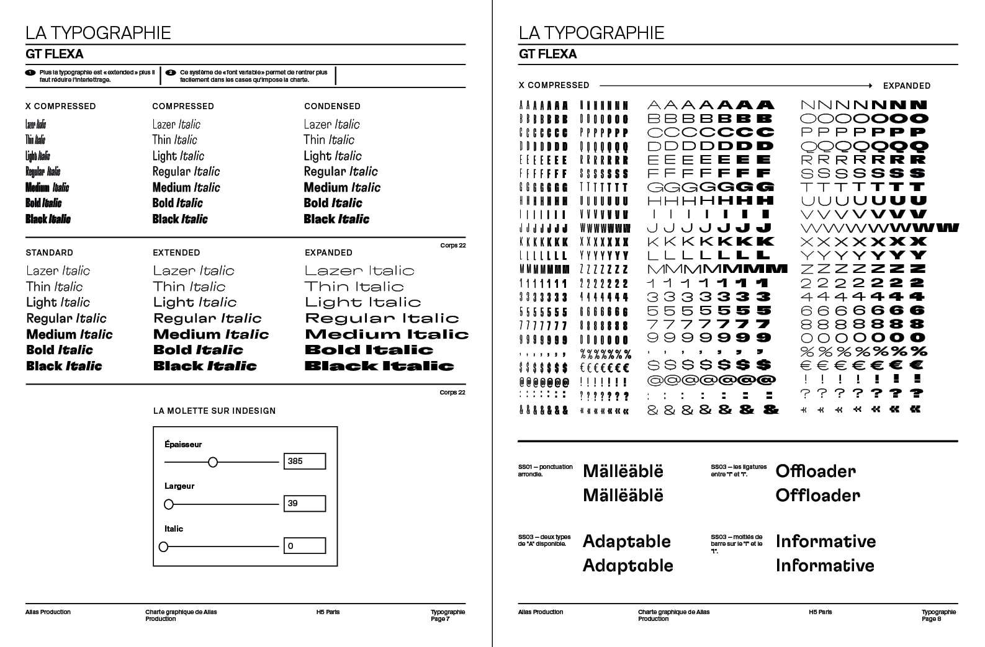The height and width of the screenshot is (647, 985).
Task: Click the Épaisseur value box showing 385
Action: pyautogui.click(x=304, y=461)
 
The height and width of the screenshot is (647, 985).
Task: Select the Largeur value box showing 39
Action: pyautogui.click(x=304, y=504)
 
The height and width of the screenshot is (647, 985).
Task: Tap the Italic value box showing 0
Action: pyautogui.click(x=304, y=546)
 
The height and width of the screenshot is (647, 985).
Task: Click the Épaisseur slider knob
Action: pyautogui.click(x=213, y=462)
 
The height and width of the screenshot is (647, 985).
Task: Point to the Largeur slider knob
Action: pyautogui.click(x=169, y=504)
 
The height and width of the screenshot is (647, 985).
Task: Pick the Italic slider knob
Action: pyautogui.click(x=164, y=547)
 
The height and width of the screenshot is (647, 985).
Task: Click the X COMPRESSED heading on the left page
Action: pyautogui.click(x=60, y=106)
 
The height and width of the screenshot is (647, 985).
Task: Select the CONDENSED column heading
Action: pyautogui.click(x=332, y=106)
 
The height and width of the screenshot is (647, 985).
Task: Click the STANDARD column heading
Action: pyautogui.click(x=49, y=252)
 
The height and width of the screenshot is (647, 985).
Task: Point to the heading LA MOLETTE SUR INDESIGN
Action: pyautogui.click(x=214, y=411)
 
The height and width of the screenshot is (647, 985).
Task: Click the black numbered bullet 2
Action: pyautogui.click(x=171, y=73)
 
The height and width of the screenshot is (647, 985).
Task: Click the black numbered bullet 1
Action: pyautogui.click(x=30, y=73)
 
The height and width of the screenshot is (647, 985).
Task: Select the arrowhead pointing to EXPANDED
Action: pyautogui.click(x=870, y=86)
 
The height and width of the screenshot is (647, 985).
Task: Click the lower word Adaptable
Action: pyautogui.click(x=627, y=566)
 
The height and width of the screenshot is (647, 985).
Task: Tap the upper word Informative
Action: pyautogui.click(x=825, y=542)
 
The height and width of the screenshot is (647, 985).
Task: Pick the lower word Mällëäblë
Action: pyautogui.click(x=623, y=496)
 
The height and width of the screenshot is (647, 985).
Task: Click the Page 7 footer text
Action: pyautogui.click(x=440, y=618)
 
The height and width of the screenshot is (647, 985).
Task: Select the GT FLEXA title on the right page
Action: pyautogui.click(x=547, y=54)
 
